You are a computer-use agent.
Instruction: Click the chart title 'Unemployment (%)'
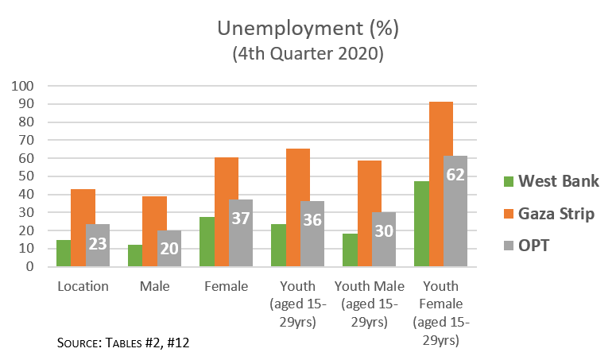pos(308,30)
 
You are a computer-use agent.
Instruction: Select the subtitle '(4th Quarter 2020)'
pos(308,54)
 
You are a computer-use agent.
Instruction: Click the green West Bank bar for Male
pos(135,256)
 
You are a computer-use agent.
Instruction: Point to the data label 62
pos(455,175)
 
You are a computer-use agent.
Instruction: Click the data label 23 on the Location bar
pos(98,244)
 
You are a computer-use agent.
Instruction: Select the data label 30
pos(384,230)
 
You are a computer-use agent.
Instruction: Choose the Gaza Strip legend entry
pos(556,213)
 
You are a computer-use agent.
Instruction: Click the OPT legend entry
pos(544,246)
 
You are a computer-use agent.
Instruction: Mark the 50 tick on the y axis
pos(27,176)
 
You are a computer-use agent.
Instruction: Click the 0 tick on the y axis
pos(30,267)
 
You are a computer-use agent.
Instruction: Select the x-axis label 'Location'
pos(83,286)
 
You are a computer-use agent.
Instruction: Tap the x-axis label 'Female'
pos(226,286)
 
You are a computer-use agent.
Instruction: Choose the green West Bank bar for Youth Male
pos(350,250)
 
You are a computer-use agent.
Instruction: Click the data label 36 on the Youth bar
pos(312,220)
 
